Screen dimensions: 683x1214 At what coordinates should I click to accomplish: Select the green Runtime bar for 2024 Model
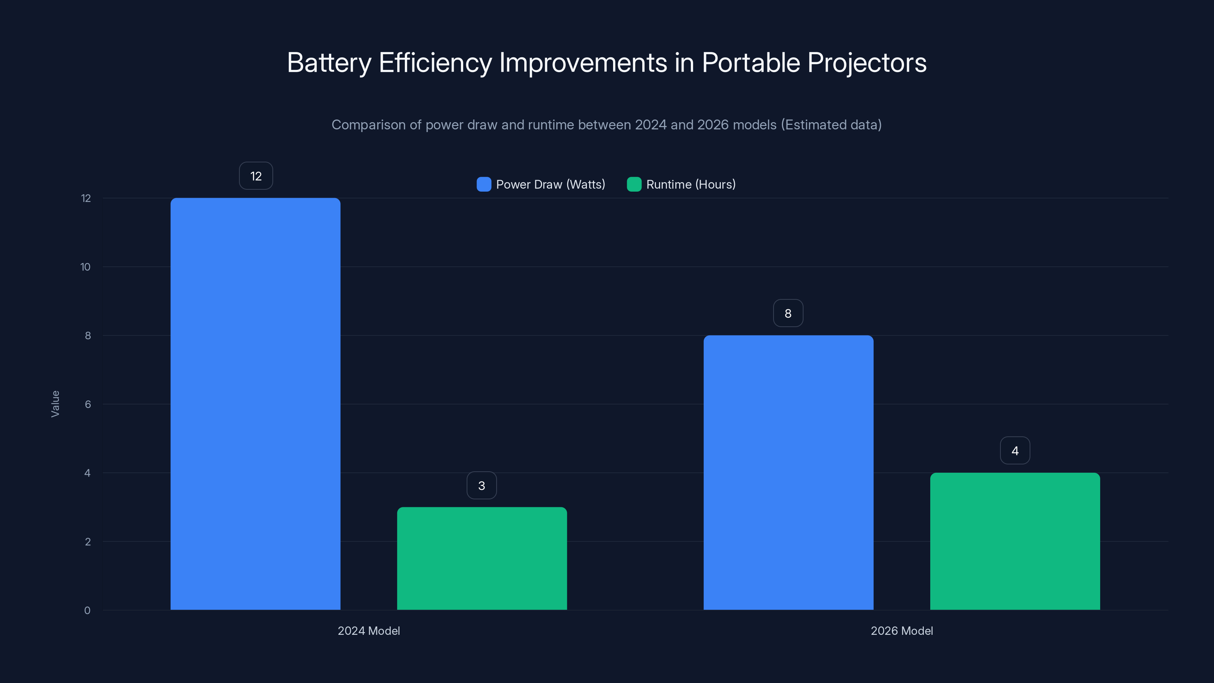tap(482, 559)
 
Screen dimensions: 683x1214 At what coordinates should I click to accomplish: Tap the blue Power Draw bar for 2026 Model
tap(788, 472)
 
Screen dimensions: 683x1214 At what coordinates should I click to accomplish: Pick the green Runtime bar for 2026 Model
tap(1015, 541)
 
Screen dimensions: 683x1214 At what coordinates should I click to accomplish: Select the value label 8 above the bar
tap(788, 313)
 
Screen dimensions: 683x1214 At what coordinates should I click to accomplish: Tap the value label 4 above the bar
tap(1015, 451)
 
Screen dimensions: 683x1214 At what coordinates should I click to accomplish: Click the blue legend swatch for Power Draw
tap(484, 184)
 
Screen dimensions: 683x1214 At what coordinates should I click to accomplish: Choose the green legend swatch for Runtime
tap(634, 184)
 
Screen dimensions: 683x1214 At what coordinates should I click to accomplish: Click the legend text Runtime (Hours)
tap(690, 184)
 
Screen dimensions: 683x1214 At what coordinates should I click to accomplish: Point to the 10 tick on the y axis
tap(85, 267)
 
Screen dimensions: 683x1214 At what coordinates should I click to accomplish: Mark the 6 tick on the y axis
tap(88, 404)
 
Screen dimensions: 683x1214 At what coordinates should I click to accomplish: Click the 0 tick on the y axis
tap(87, 611)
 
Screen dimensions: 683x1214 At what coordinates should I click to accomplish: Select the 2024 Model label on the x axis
tap(368, 631)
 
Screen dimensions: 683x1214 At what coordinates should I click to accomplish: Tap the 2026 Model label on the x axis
tap(901, 631)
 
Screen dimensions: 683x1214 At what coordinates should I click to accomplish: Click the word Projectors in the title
tap(866, 63)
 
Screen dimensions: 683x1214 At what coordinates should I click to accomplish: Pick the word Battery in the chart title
tap(329, 63)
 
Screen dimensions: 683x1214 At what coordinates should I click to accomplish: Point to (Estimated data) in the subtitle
tap(831, 125)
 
